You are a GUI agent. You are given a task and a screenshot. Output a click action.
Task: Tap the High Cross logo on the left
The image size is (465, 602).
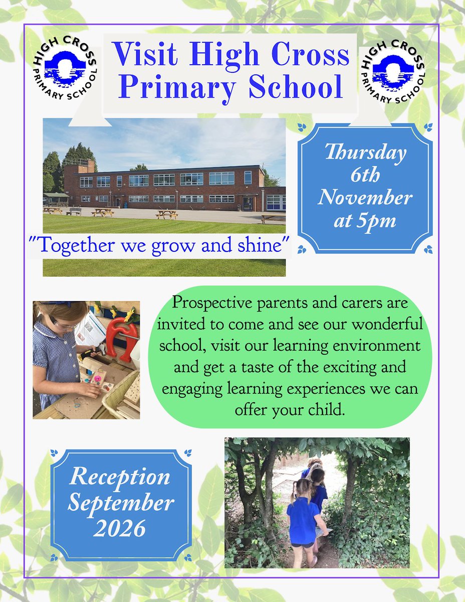(x=64, y=73)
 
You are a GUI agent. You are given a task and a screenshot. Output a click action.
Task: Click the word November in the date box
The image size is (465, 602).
(x=365, y=198)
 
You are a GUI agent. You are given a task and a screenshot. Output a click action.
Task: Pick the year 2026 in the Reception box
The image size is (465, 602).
(x=121, y=528)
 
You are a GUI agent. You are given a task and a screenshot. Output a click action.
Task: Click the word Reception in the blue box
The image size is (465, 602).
(x=120, y=477)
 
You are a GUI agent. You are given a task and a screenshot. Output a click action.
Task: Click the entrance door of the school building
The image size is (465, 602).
(x=248, y=203)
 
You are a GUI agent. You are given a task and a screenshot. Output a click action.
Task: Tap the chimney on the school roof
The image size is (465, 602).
(x=86, y=166)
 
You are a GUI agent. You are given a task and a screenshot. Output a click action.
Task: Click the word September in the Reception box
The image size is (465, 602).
(x=121, y=502)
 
